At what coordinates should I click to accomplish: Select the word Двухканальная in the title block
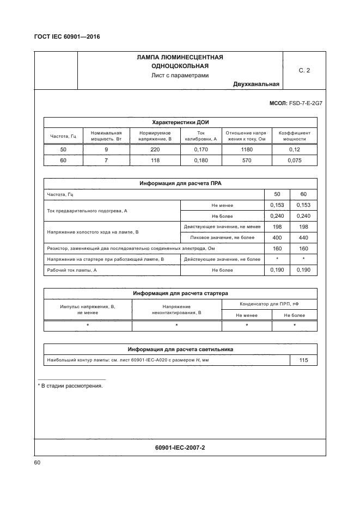(256, 84)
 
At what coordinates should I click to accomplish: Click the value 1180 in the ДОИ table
(246, 149)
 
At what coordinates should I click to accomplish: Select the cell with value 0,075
(294, 160)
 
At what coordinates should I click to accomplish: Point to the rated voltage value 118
(155, 160)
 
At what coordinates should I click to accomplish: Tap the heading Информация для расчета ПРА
(179, 183)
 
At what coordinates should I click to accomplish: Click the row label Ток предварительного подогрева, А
(87, 210)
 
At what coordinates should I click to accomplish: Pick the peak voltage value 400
(277, 237)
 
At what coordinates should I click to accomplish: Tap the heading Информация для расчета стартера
(179, 293)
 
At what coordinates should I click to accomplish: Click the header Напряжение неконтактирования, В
(176, 310)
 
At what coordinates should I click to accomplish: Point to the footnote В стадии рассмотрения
(71, 385)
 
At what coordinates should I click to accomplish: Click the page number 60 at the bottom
(38, 463)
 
